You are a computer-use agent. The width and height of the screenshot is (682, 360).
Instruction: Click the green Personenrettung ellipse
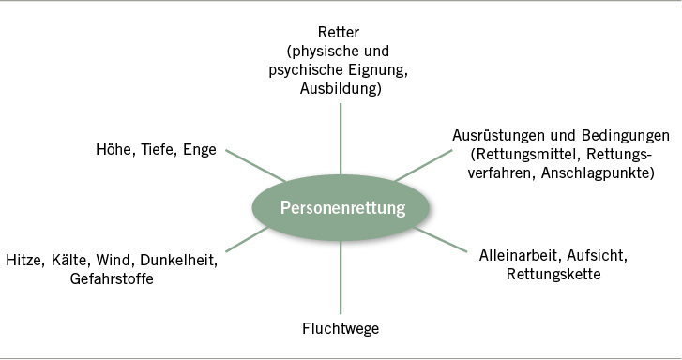tap(341, 207)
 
